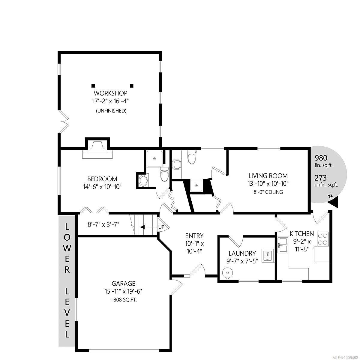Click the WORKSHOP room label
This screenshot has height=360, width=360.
tap(111, 93)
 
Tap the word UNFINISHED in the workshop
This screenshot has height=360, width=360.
tap(111, 111)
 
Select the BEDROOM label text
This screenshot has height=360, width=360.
tap(102, 179)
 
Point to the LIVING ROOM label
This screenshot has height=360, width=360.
tap(268, 176)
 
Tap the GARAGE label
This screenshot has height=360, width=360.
tap(123, 283)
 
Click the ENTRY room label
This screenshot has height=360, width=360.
tap(194, 236)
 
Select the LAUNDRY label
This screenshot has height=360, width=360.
tap(242, 253)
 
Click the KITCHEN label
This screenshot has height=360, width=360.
tap(302, 234)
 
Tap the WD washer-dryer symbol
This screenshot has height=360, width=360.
tap(267, 256)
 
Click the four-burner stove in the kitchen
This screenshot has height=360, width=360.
tap(323, 239)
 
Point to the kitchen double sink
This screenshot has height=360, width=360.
tap(283, 245)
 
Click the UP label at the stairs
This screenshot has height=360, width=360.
tap(161, 227)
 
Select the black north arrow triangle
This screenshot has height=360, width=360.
tap(334, 203)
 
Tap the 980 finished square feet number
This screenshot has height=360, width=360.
tap(321, 158)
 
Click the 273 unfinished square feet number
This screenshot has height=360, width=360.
tap(321, 178)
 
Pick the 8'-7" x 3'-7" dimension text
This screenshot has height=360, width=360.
tap(103, 224)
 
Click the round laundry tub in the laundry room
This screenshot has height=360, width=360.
tap(227, 273)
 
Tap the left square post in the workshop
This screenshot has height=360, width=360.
tap(93, 86)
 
